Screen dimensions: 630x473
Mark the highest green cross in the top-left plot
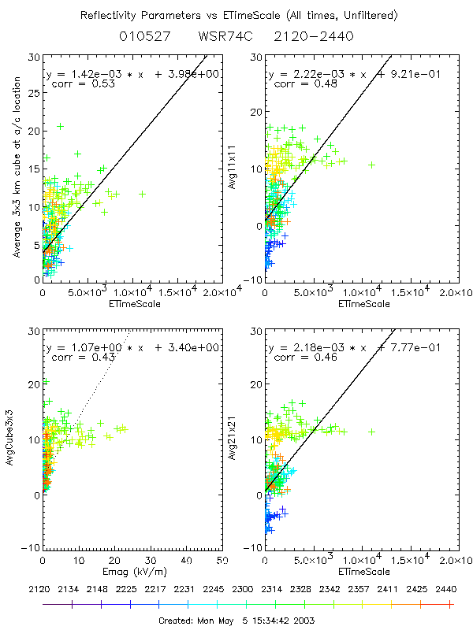tap(60, 126)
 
